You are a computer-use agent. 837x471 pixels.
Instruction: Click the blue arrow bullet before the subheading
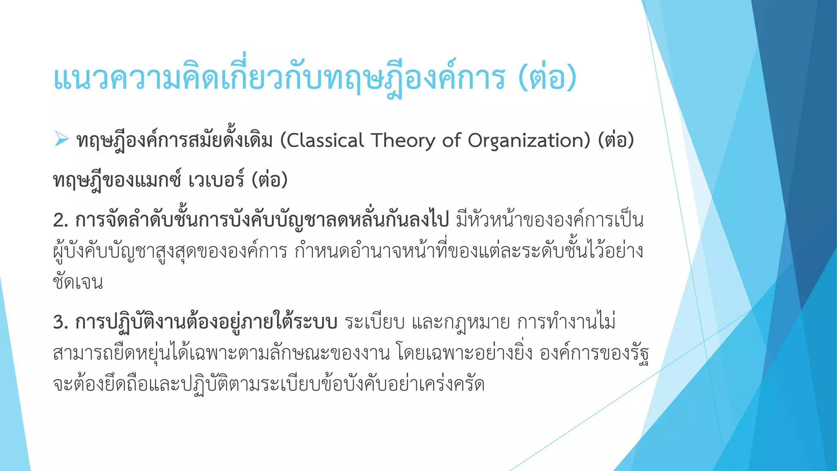pos(61,140)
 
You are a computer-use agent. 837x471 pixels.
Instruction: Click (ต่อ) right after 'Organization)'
pos(616,141)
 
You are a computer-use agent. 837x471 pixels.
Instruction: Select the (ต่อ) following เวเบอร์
pos(269,180)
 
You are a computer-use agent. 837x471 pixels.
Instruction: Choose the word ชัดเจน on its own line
pos(78,282)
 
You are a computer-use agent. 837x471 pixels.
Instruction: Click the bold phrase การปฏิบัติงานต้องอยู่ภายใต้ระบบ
pos(206,322)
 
